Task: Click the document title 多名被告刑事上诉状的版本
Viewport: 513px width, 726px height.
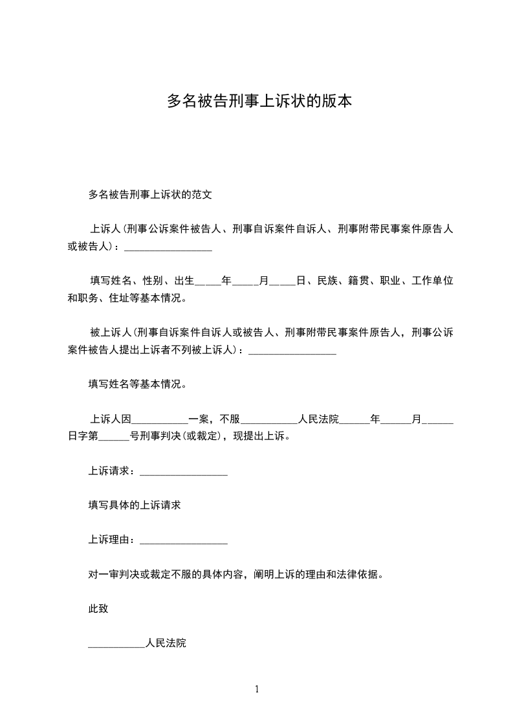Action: click(x=259, y=102)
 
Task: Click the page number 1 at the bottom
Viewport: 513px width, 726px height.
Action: click(x=257, y=689)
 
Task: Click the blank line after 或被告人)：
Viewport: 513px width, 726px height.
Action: click(x=168, y=247)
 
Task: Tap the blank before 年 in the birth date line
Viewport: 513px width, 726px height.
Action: click(x=208, y=281)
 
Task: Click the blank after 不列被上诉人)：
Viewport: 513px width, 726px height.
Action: click(x=292, y=351)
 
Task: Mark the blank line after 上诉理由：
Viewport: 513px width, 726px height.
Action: click(x=184, y=540)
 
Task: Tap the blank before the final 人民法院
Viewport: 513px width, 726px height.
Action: click(x=116, y=644)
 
